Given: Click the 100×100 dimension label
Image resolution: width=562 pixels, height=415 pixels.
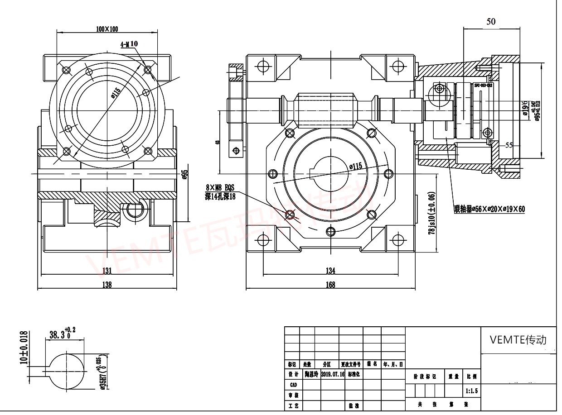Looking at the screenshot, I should point(107,29).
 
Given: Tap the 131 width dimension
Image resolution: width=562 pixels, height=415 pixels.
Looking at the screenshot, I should point(107,271).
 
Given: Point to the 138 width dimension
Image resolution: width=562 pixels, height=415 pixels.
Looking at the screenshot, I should point(107,285).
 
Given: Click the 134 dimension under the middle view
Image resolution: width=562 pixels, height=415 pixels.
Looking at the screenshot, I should point(330,271).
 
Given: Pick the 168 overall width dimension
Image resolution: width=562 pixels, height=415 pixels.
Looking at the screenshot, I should point(330,285).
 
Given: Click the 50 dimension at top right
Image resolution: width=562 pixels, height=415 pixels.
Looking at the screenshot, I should point(491,21).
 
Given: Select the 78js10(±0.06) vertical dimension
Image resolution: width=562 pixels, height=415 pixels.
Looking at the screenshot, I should point(432,213).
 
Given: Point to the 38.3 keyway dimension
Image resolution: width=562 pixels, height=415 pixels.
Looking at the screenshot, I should point(59,335).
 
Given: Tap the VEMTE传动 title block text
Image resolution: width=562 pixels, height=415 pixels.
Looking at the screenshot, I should point(518,340).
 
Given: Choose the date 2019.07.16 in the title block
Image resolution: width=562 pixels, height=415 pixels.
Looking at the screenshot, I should point(333,374).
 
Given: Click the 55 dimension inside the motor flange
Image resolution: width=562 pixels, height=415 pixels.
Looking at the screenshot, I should point(509,145).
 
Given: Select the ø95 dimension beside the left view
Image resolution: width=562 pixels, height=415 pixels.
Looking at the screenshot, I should point(184,174).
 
